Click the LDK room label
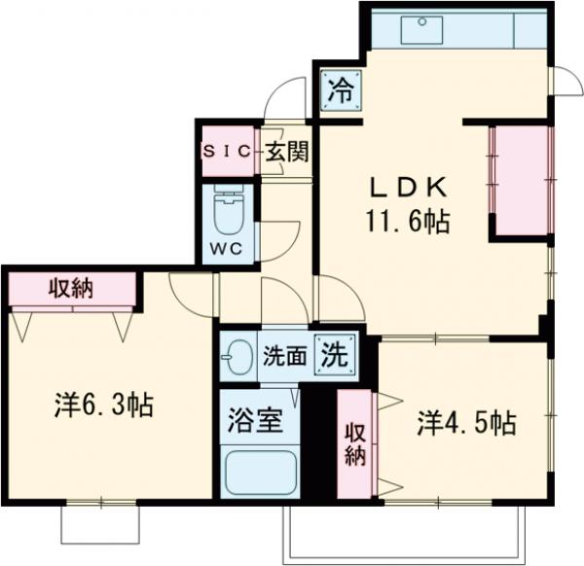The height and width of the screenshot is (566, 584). point(408,186)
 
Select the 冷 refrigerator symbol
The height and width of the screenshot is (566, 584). point(341,91)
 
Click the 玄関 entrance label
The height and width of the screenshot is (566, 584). point(287,151)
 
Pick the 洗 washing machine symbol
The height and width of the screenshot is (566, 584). point(333,354)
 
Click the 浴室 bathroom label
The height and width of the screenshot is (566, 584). point(256,422)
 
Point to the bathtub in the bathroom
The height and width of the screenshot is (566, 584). point(259,473)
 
